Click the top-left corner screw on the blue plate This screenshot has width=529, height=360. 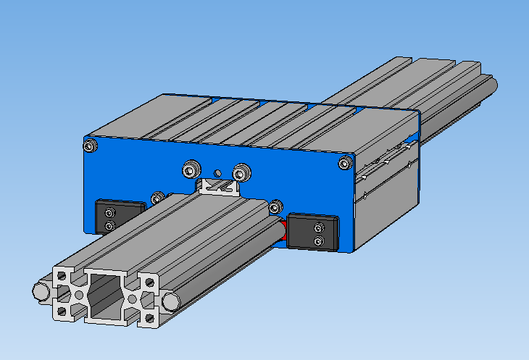[x=89, y=148]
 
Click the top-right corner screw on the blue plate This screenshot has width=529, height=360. [x=344, y=165]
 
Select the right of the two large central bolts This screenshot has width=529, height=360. [x=239, y=172]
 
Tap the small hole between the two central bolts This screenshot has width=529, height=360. [x=217, y=174]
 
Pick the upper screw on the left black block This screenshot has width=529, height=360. [x=109, y=212]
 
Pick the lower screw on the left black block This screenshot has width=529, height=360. [x=109, y=225]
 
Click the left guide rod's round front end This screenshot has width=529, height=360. [x=41, y=291]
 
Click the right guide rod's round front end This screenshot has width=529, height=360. [x=170, y=299]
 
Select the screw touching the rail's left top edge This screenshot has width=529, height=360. [x=157, y=197]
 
